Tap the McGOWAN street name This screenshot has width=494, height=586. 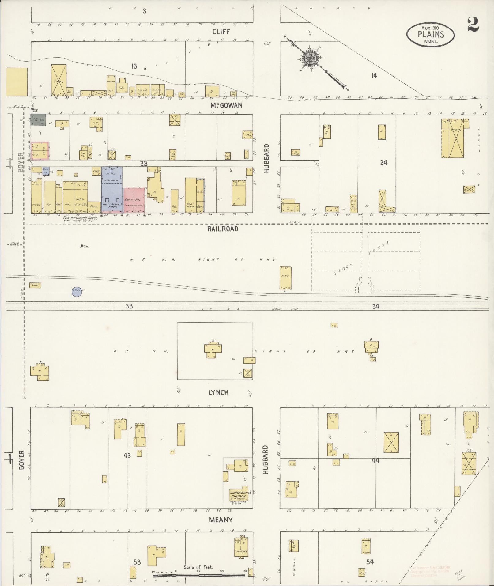click(226, 105)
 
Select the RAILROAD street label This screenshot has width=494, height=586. click(222, 229)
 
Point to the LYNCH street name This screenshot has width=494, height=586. click(218, 393)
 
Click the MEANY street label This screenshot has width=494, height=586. click(221, 520)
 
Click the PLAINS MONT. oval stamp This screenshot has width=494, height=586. click(430, 35)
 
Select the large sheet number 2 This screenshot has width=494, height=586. click(473, 25)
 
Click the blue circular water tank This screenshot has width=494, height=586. click(77, 291)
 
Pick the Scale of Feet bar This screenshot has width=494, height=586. click(198, 575)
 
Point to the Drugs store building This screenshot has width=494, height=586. click(36, 198)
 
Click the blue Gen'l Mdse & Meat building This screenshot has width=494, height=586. click(112, 190)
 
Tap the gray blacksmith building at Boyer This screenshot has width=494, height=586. click(38, 120)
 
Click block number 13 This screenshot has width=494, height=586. click(134, 66)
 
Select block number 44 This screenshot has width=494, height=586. click(375, 460)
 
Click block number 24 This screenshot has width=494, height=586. click(383, 163)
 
